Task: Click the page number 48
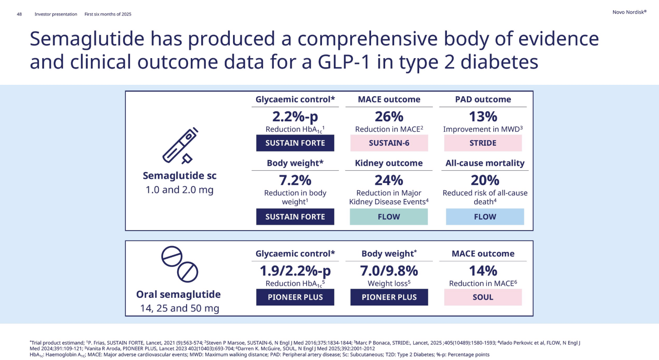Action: coord(20,14)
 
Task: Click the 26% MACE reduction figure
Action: coord(389,117)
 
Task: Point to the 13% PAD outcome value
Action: coord(483,117)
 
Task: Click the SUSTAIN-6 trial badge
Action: coord(389,143)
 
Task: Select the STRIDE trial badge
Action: coord(483,143)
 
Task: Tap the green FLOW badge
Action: coord(389,217)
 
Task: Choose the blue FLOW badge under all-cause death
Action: coord(485,217)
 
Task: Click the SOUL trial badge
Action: coord(483,297)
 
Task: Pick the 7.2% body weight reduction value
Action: coord(295,181)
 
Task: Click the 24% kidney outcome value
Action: coord(389,181)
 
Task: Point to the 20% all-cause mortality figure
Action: coord(485,181)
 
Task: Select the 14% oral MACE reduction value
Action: coord(483,271)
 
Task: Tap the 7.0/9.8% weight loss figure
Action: coord(389,271)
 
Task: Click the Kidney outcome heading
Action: coord(389,163)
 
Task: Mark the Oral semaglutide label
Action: coord(178,294)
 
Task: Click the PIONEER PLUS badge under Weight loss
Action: coord(389,297)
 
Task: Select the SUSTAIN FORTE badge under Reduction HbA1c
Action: coord(295,143)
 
